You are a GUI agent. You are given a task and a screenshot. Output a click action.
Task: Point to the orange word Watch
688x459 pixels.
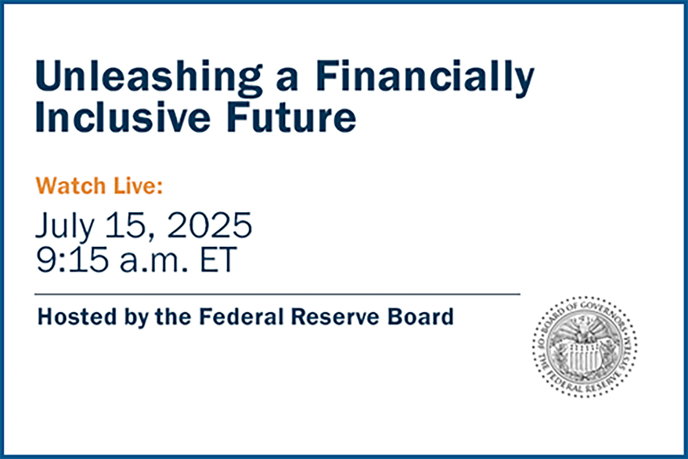pos(71,186)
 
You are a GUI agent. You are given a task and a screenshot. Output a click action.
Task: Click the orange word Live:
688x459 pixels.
pos(138,186)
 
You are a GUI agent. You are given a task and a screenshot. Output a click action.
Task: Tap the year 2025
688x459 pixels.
pos(210,225)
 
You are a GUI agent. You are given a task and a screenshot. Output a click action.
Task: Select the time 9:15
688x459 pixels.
pos(72,259)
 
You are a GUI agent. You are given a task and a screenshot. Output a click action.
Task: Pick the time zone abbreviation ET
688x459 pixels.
pos(218,259)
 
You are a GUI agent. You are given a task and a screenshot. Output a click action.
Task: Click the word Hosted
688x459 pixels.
pos(77,317)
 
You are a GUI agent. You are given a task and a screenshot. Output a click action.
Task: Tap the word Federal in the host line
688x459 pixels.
pos(242,317)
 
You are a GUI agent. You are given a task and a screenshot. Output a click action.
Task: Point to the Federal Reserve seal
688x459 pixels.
pos(585,347)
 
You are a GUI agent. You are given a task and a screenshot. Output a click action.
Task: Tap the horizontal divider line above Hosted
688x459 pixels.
pos(277,294)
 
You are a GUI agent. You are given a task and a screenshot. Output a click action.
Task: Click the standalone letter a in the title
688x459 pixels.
pos(287,81)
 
